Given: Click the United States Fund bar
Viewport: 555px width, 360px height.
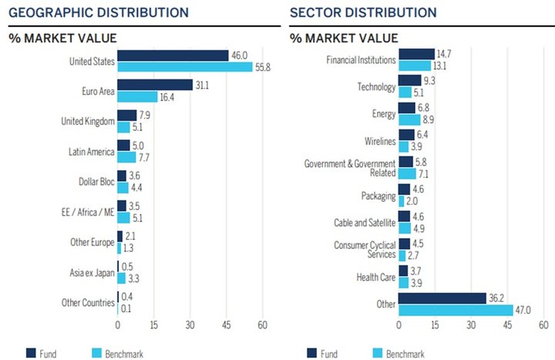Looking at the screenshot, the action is (x=173, y=56).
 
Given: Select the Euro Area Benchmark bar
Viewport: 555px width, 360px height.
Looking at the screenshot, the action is (x=137, y=96).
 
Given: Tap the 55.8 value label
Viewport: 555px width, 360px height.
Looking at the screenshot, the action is (x=263, y=67).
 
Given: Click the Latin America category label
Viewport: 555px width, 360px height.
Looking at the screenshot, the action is (x=91, y=152).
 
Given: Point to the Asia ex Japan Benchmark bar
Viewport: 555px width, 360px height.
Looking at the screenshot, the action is (x=122, y=278).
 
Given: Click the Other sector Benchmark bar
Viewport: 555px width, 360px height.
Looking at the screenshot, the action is (x=456, y=310).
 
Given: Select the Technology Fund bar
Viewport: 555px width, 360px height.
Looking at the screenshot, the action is (x=410, y=80).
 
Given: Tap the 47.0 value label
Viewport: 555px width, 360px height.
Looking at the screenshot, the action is (x=523, y=311).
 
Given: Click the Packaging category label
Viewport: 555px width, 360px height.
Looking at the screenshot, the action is (x=378, y=196).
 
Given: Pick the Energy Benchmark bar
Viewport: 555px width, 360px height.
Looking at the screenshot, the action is (x=409, y=119).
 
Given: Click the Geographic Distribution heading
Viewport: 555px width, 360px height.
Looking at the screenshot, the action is (x=99, y=13).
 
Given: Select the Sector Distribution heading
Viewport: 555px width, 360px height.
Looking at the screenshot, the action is (x=363, y=13).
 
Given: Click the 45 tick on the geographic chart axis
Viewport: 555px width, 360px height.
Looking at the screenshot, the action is (x=226, y=325).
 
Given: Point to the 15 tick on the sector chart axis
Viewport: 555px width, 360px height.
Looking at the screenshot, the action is (x=435, y=325).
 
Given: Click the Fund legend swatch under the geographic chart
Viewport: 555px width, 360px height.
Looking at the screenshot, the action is (x=31, y=353).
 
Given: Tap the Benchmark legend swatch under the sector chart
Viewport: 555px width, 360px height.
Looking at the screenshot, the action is (x=378, y=353).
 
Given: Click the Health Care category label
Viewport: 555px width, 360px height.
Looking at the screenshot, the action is (x=376, y=278).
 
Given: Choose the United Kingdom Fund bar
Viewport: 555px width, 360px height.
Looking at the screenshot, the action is (x=127, y=116).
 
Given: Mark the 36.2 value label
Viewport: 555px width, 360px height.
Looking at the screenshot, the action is (x=496, y=298).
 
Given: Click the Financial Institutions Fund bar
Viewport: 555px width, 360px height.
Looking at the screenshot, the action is (x=416, y=54).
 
